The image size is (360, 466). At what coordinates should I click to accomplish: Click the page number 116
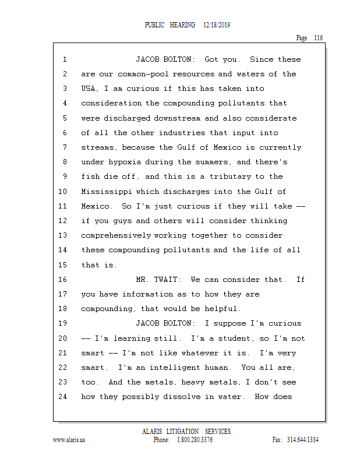pos(317,38)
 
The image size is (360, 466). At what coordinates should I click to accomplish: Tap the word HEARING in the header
pos(183,26)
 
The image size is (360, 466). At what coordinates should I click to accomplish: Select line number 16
pos(64,280)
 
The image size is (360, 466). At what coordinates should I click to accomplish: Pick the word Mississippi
pos(108,192)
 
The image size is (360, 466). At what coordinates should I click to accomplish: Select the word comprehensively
pos(117,235)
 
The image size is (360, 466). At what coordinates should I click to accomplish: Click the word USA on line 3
pos(89,89)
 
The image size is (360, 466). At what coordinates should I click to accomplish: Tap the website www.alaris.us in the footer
pos(69,440)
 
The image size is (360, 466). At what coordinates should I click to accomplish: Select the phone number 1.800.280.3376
pos(195,440)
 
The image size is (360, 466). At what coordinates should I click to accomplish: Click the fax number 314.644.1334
pos(303,440)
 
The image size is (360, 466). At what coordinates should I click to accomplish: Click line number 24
pos(64,397)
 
